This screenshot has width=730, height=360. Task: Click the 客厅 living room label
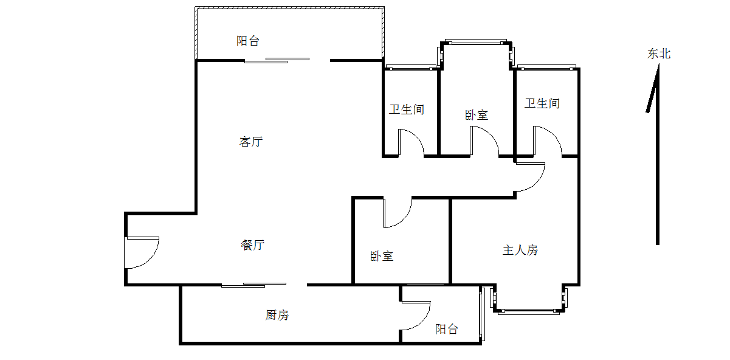tap(251, 142)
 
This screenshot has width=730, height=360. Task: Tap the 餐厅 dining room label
tap(252, 246)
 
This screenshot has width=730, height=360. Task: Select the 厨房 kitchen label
tap(277, 316)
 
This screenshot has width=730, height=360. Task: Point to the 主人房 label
tap(520, 250)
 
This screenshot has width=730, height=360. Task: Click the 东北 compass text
tap(659, 54)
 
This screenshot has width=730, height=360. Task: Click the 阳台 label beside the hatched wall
tap(248, 41)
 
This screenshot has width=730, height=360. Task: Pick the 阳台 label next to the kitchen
tap(447, 330)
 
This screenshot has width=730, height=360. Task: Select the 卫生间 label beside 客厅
tap(407, 110)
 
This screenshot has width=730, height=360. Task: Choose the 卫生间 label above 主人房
tap(542, 104)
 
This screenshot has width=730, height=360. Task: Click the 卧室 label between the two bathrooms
tap(477, 115)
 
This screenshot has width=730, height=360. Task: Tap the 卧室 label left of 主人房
tap(382, 257)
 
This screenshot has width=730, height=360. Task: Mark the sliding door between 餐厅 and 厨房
tap(254, 285)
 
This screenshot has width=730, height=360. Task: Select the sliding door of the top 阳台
tap(277, 60)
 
